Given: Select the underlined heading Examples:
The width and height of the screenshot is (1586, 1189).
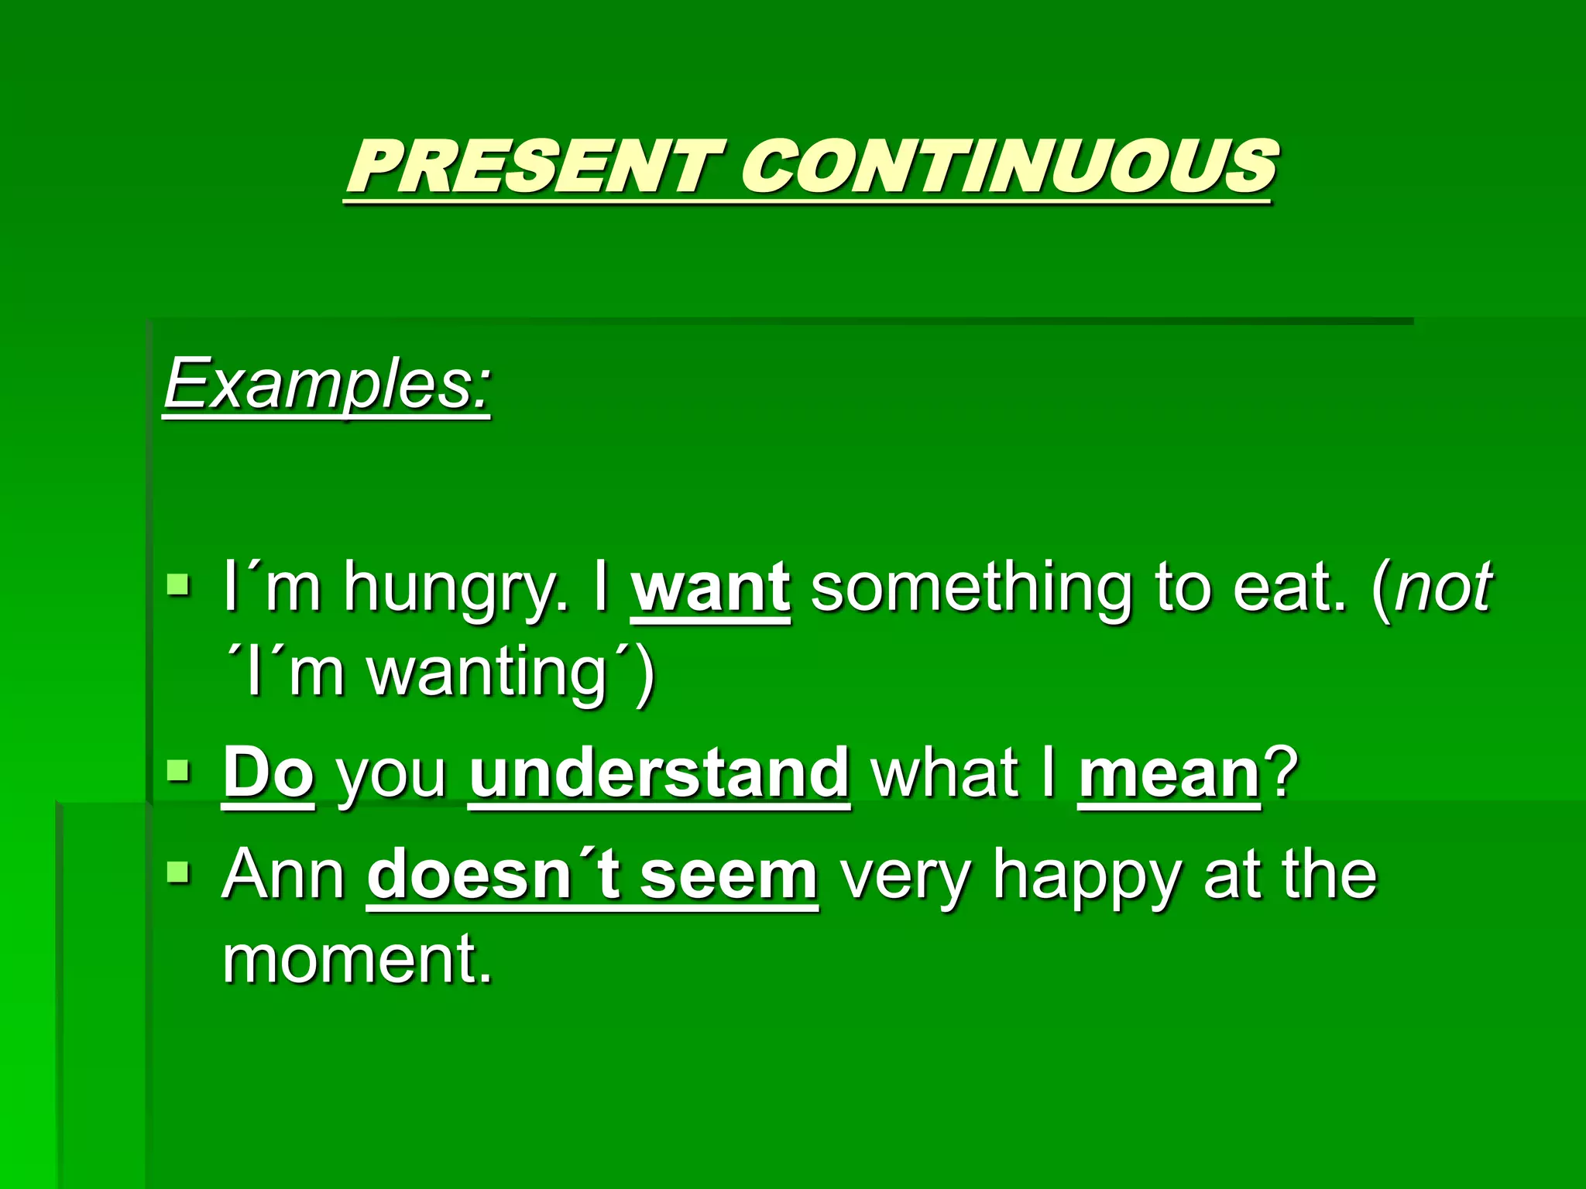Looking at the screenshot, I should pos(327,384).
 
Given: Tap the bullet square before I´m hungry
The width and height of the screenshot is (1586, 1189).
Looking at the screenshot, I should pos(178,582).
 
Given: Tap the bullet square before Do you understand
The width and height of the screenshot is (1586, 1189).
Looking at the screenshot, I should pos(178,770).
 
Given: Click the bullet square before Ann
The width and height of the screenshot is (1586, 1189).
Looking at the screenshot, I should pos(178,872).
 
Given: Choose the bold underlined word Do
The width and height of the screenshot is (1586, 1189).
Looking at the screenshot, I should pos(268,773).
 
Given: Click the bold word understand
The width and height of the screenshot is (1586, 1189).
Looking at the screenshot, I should pos(659,773).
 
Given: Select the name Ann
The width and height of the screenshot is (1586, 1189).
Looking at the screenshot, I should pos(283,875).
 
